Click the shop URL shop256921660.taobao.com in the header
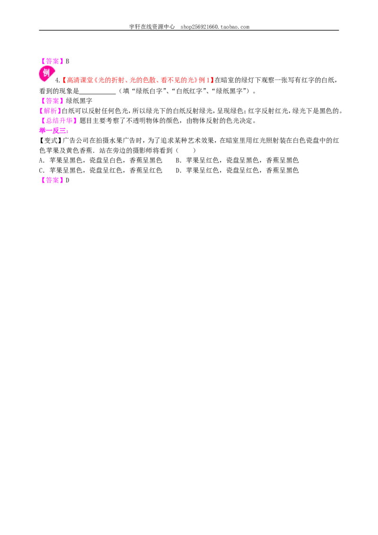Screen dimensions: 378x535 pyautogui.click(x=215, y=26)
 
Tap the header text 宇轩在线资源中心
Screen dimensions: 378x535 pyautogui.click(x=152, y=26)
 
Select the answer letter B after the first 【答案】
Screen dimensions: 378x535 pyautogui.click(x=68, y=61)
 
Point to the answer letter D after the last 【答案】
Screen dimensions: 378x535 pyautogui.click(x=68, y=180)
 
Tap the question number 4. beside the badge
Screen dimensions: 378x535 pyautogui.click(x=58, y=80)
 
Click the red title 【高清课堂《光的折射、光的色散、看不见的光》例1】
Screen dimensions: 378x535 pyautogui.click(x=138, y=80)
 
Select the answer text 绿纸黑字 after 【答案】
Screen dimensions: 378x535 pyautogui.click(x=79, y=101)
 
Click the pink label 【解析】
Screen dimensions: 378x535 pyautogui.click(x=50, y=111)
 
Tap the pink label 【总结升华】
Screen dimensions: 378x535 pyautogui.click(x=58, y=121)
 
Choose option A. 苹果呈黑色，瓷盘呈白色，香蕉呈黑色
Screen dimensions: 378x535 pyautogui.click(x=101, y=160)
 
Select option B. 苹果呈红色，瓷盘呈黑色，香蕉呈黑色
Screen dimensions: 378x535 pyautogui.click(x=237, y=160)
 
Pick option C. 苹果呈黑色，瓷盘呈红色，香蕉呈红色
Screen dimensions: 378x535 pyautogui.click(x=101, y=170)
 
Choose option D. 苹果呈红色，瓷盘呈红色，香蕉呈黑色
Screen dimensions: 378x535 pyautogui.click(x=237, y=170)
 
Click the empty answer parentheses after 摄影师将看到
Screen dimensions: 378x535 pyautogui.click(x=186, y=150)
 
